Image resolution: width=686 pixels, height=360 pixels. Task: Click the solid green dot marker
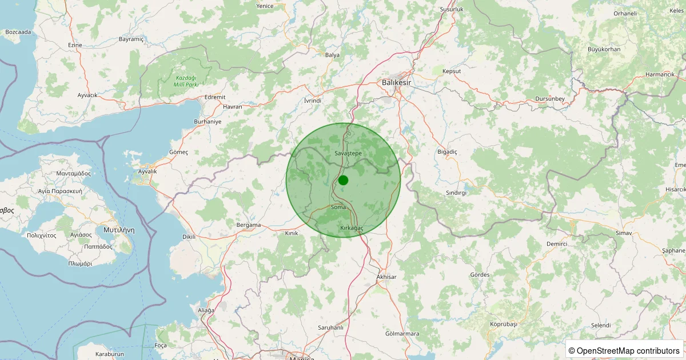pos(343,180)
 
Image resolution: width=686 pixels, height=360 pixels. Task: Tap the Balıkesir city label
pos(396,82)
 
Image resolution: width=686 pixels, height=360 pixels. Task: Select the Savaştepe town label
pos(348,154)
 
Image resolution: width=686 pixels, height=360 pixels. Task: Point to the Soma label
pos(338,207)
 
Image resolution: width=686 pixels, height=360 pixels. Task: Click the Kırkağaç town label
pos(352,228)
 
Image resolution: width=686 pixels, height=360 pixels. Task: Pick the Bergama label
pos(249,225)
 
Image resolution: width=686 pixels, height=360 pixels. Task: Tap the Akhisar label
pos(386,277)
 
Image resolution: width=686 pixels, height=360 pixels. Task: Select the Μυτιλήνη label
pos(119,230)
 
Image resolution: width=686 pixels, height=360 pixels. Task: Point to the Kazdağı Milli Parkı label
pos(186,81)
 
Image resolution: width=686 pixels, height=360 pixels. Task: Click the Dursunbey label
pos(550,99)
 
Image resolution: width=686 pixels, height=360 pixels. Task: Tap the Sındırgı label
pos(456,193)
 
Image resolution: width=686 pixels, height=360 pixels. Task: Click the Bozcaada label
pos(18,32)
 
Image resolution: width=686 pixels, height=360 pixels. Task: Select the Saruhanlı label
pos(330,327)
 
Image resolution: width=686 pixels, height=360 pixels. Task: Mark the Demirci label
pos(556,244)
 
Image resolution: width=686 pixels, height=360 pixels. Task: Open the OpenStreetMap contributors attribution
pos(624,350)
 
